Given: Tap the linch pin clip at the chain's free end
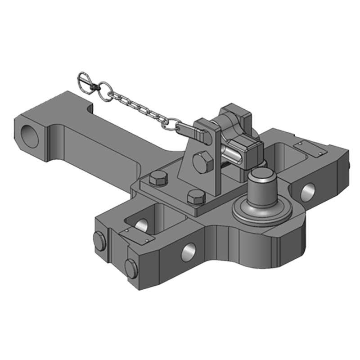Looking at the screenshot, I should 85,81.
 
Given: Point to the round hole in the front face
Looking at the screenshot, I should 189,252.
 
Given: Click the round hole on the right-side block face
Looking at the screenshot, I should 308,191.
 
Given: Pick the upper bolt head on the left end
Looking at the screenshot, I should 99,241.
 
